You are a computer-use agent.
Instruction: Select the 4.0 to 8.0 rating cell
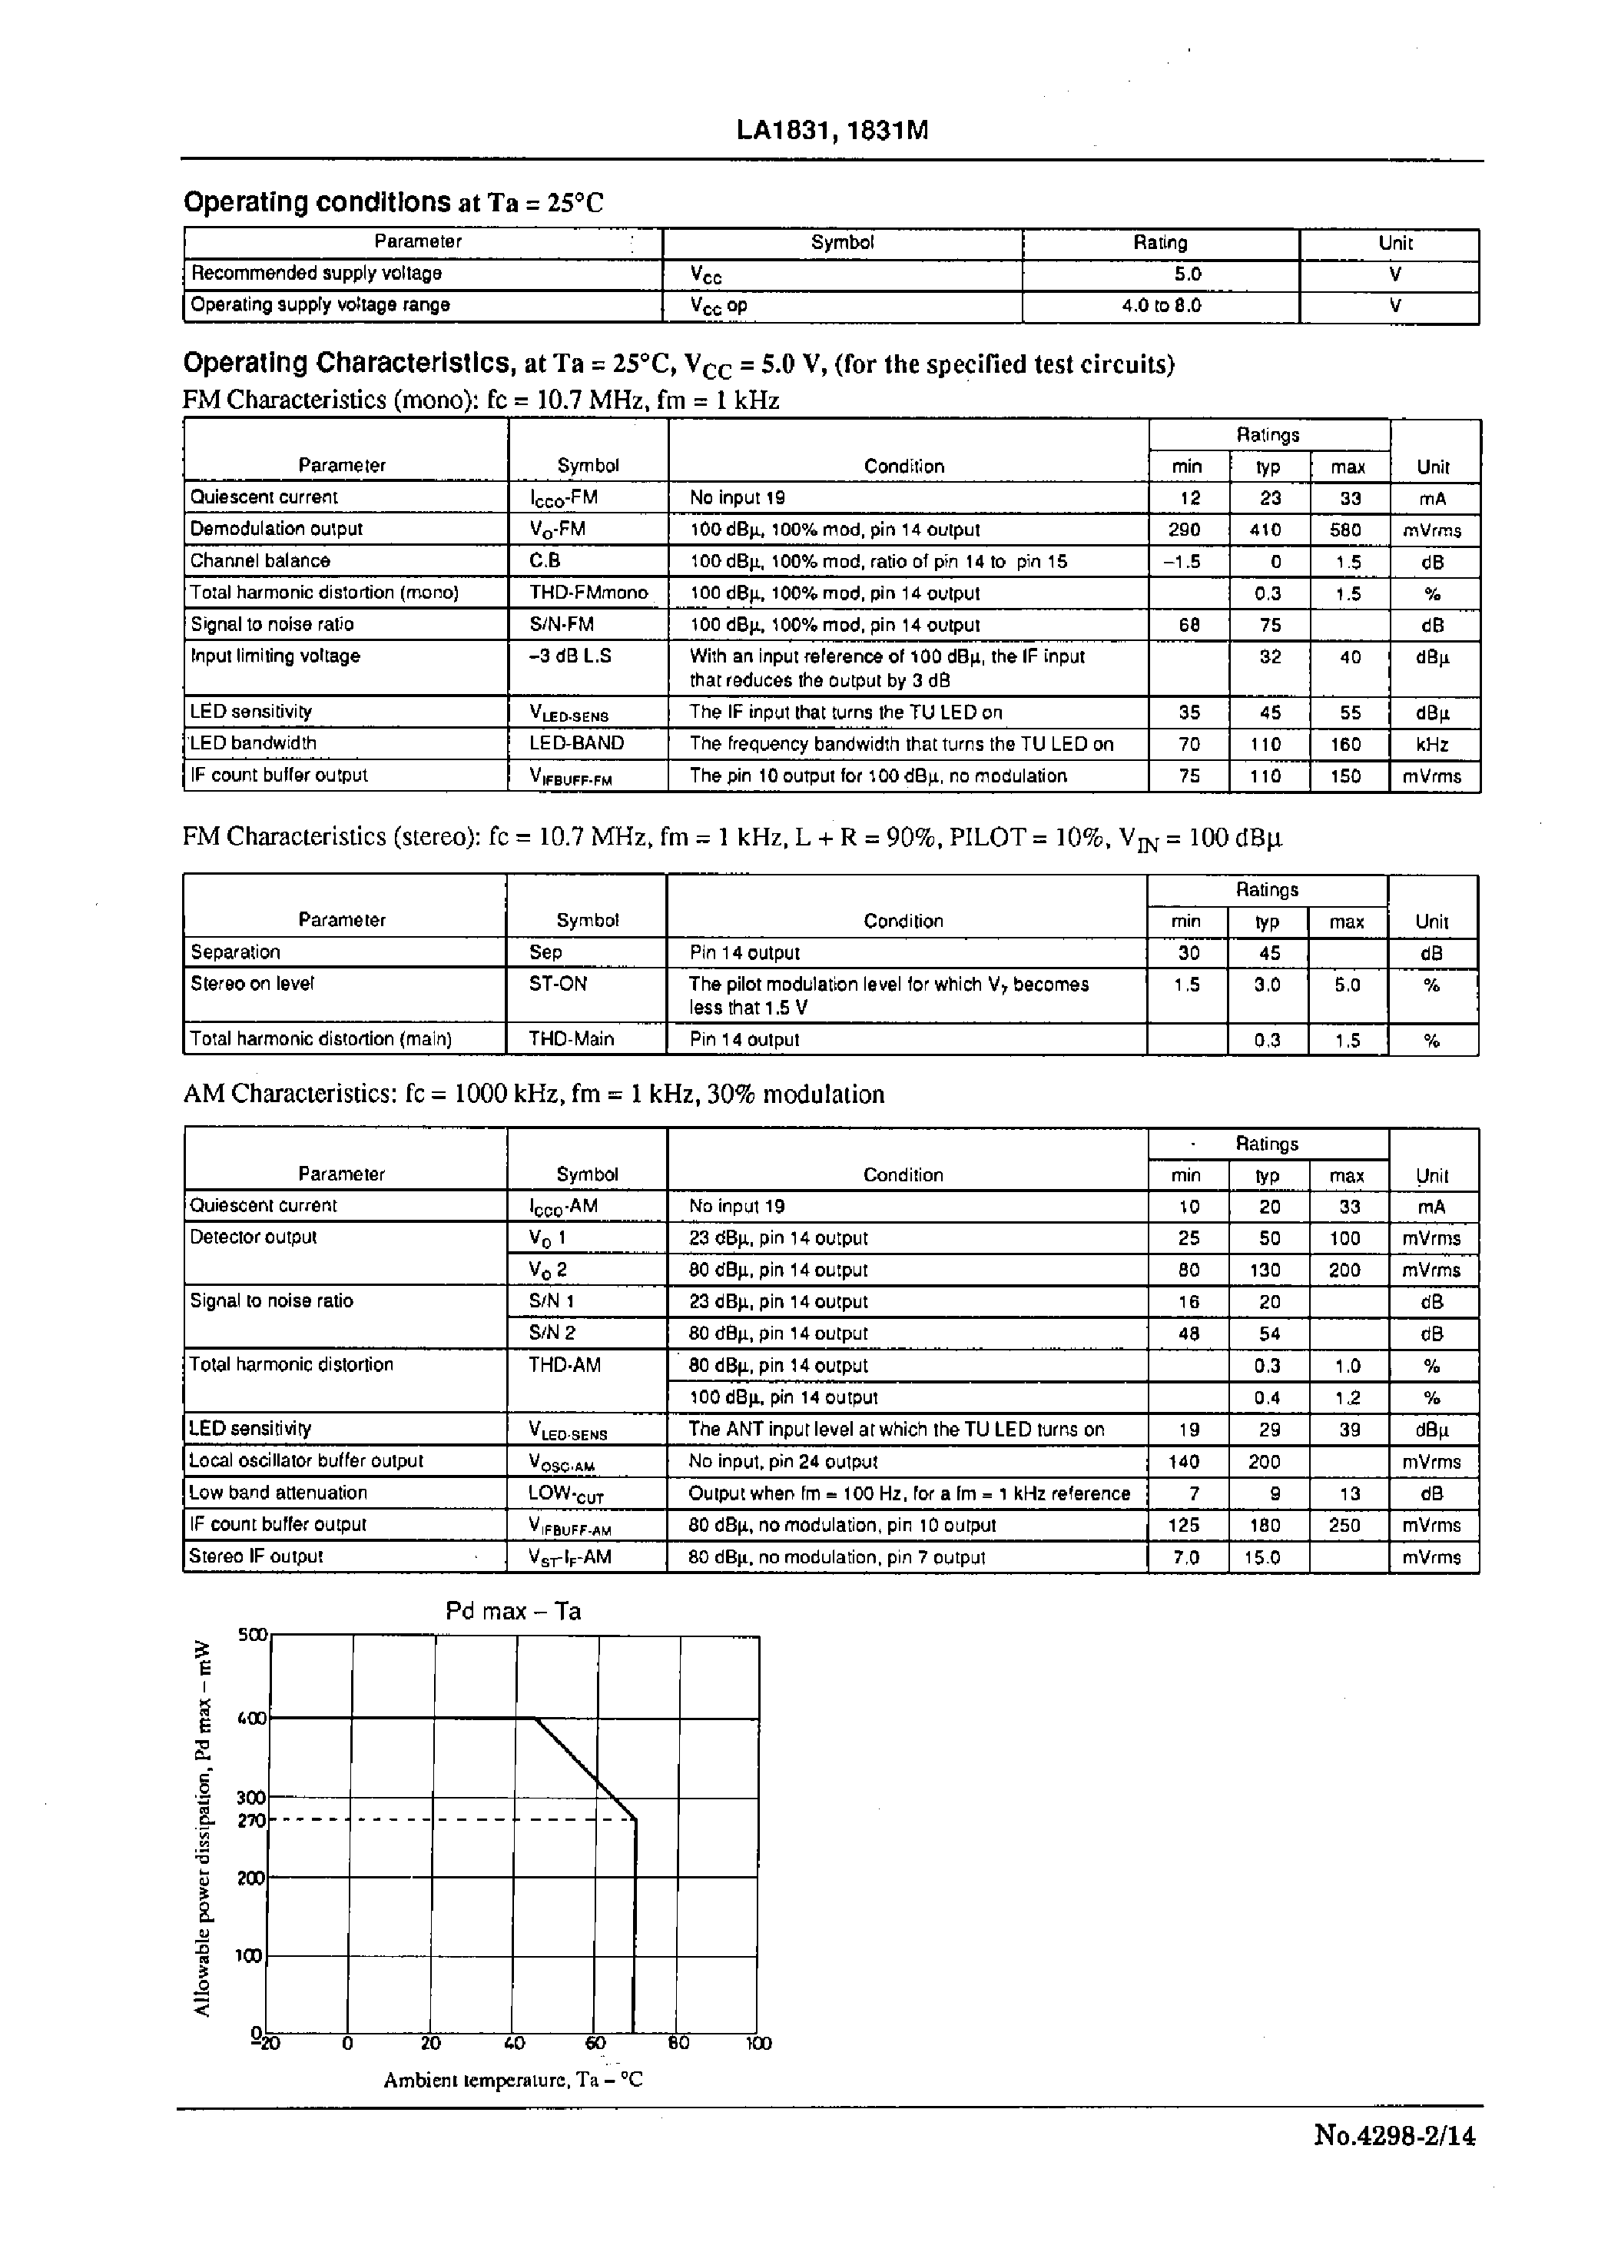click(1161, 306)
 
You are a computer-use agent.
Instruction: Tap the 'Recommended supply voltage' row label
click(316, 273)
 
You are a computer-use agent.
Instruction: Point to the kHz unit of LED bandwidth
click(1432, 745)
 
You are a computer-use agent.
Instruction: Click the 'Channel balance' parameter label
click(260, 561)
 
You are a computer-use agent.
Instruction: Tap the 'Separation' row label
click(235, 952)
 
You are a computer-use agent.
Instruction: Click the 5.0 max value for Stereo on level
click(1346, 985)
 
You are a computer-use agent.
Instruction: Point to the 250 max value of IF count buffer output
click(1344, 1525)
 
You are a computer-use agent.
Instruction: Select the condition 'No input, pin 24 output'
click(782, 1462)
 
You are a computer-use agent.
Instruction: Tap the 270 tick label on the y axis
click(251, 1821)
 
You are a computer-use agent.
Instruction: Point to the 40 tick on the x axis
click(514, 2043)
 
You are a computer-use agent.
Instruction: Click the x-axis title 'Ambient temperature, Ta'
click(512, 2080)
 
